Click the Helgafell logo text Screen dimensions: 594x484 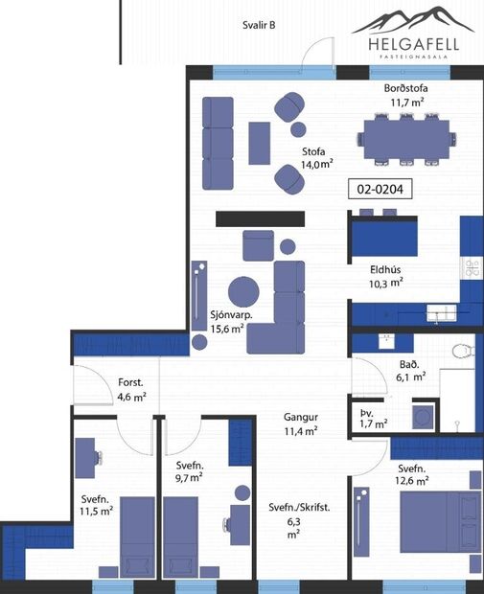(x=414, y=43)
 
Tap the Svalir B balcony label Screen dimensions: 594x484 (x=259, y=25)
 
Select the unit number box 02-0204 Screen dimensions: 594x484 (x=380, y=190)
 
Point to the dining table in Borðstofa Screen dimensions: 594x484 (x=402, y=136)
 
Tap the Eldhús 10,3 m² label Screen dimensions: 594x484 (x=385, y=276)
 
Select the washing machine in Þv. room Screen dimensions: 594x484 (x=420, y=417)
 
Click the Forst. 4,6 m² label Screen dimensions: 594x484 (x=131, y=388)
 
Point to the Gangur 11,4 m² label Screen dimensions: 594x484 (x=301, y=424)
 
